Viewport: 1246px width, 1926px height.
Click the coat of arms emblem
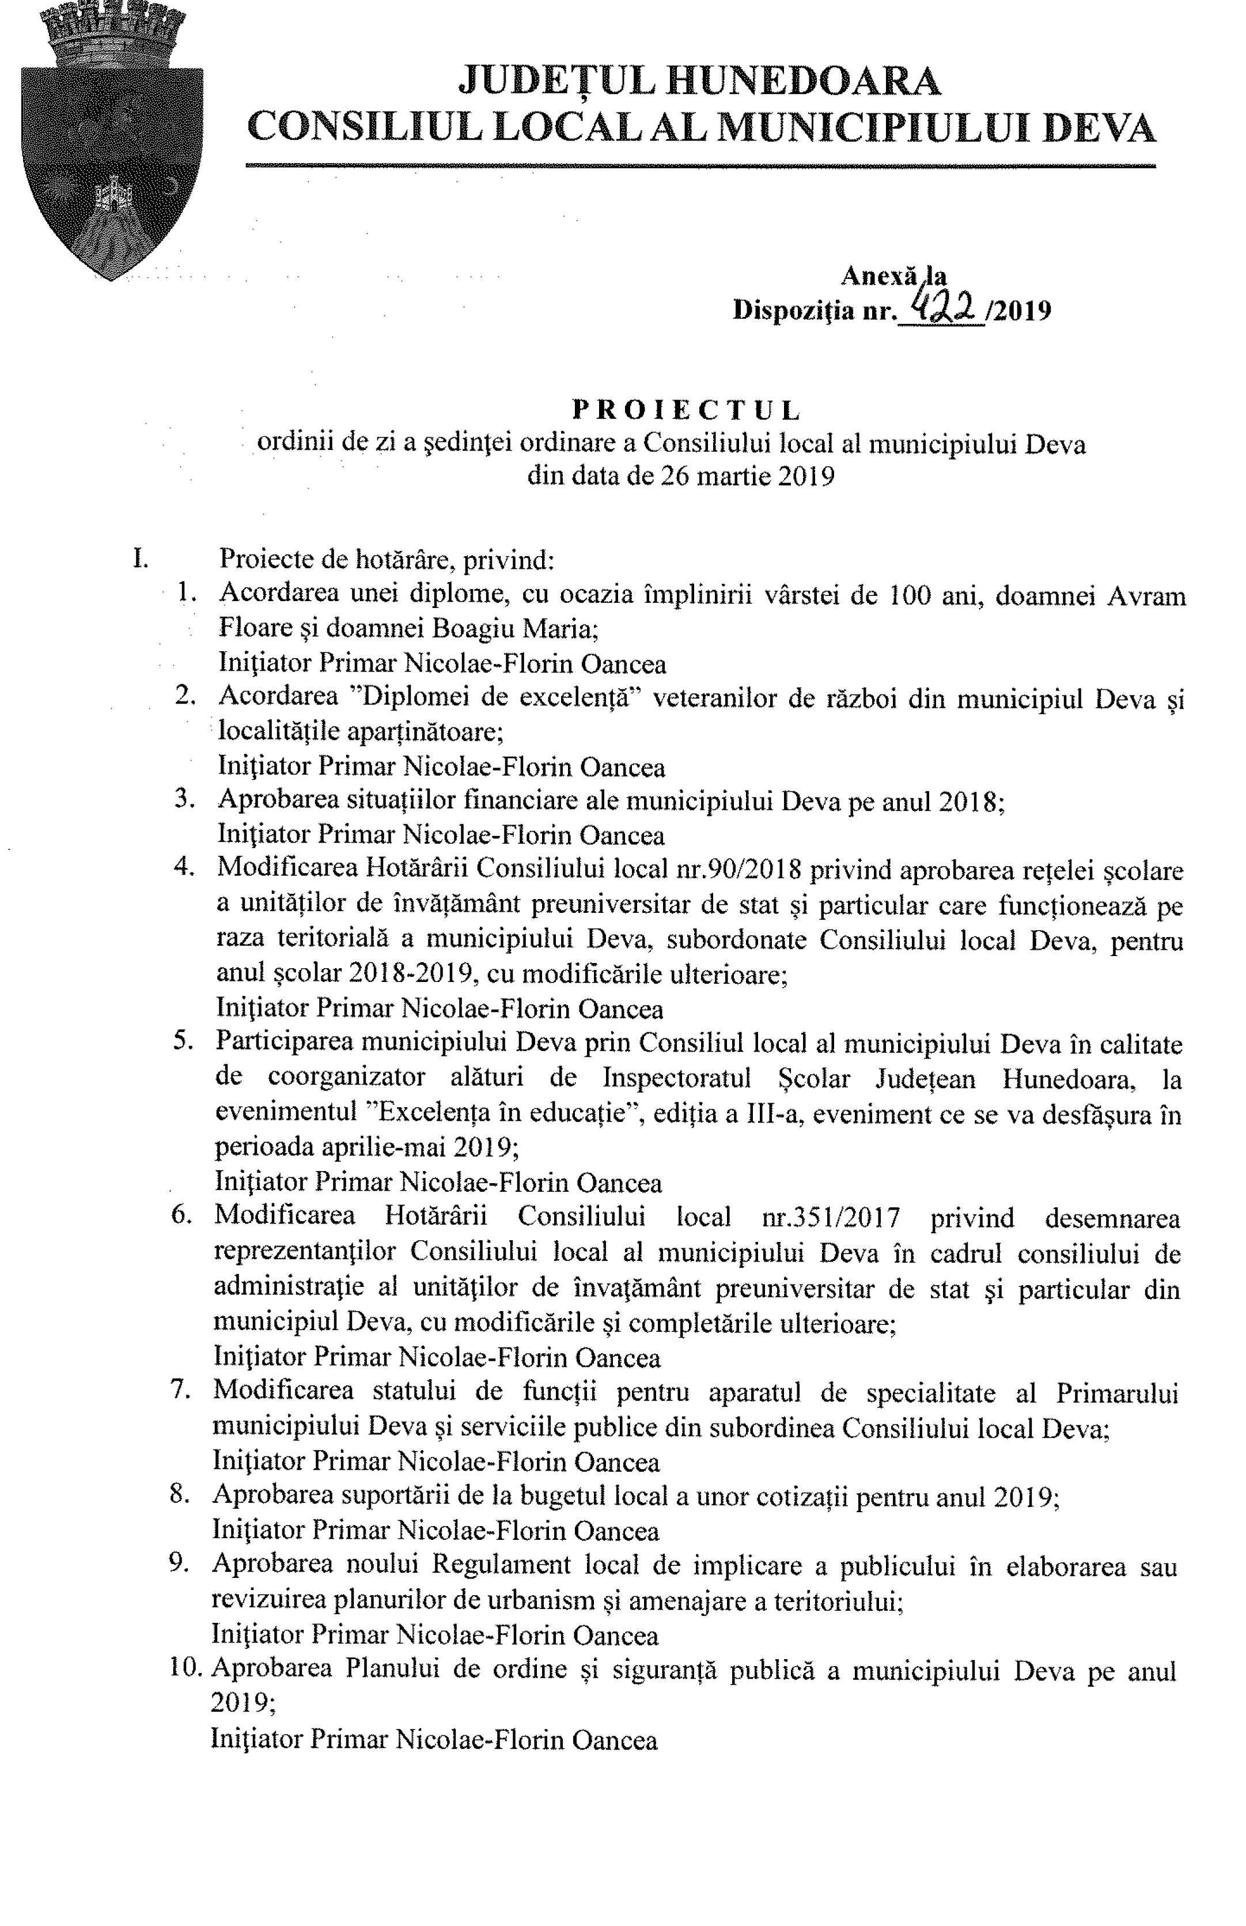pos(112,142)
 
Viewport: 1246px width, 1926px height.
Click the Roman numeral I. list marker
pos(140,558)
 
